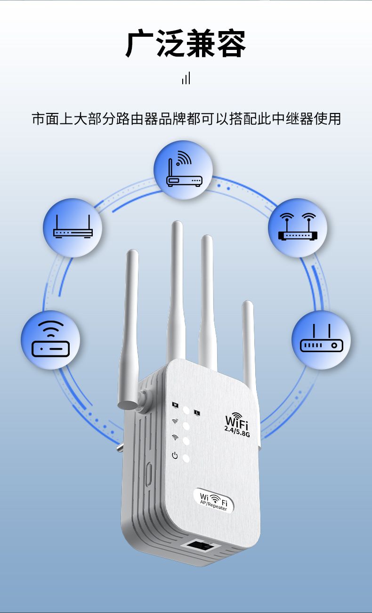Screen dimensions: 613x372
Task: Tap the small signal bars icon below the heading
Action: tap(186, 79)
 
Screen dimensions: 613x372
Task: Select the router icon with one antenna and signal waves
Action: tap(183, 170)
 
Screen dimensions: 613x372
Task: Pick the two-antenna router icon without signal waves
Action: tap(73, 228)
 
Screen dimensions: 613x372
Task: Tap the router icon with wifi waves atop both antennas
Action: tap(298, 228)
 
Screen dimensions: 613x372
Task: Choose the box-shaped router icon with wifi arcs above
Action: tap(50, 339)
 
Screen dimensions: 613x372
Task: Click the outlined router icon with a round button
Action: tap(321, 340)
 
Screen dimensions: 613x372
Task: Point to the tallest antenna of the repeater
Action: tap(177, 292)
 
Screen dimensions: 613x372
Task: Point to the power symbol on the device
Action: tap(175, 455)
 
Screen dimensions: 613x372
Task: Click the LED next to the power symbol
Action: tap(186, 458)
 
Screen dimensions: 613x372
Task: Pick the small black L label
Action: tap(197, 413)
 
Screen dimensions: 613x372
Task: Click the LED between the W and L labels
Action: tap(186, 410)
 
